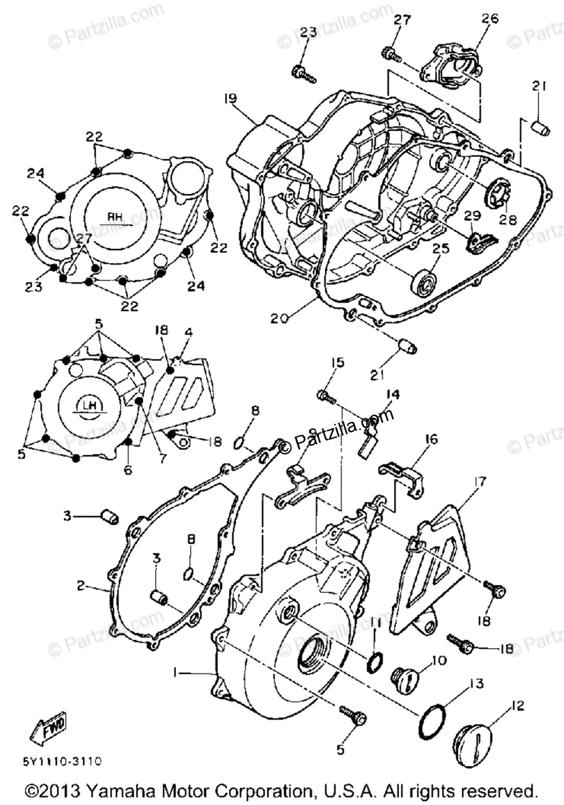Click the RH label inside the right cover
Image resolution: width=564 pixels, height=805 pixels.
click(x=116, y=217)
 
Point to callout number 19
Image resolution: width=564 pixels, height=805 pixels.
click(x=230, y=98)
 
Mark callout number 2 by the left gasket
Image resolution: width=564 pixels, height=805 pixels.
click(x=81, y=586)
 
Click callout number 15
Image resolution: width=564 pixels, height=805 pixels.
click(x=337, y=363)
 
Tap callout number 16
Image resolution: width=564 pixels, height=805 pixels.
click(x=430, y=439)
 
